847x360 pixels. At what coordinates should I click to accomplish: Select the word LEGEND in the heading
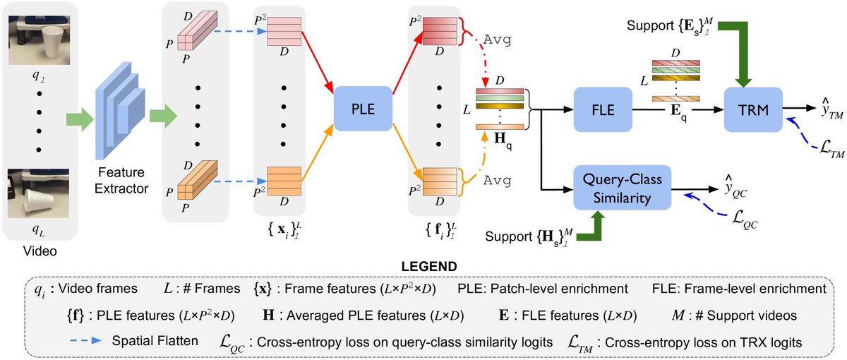423,265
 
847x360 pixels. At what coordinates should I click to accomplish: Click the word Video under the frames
41,251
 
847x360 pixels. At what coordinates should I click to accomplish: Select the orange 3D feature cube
192,181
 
